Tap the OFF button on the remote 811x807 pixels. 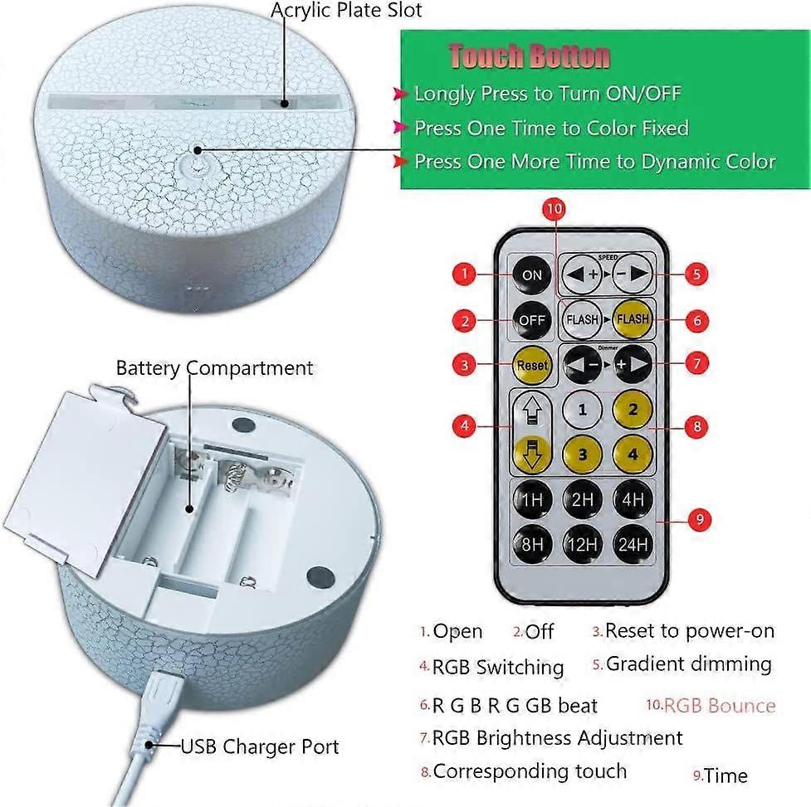click(x=532, y=320)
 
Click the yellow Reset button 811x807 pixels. click(x=532, y=365)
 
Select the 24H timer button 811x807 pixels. click(x=633, y=544)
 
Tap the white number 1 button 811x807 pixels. click(x=583, y=411)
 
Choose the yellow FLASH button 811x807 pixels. click(x=633, y=319)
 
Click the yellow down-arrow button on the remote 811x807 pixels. click(x=532, y=454)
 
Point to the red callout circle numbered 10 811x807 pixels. click(x=554, y=209)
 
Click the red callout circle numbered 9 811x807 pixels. click(x=700, y=519)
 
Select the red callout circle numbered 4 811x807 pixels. click(x=464, y=426)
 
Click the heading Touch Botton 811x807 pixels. click(x=530, y=56)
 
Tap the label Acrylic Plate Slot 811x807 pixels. click(x=346, y=10)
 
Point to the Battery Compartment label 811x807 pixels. click(x=214, y=368)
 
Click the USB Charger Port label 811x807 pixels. click(x=260, y=747)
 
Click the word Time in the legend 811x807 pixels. click(x=726, y=775)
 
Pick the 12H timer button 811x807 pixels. click(x=583, y=544)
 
